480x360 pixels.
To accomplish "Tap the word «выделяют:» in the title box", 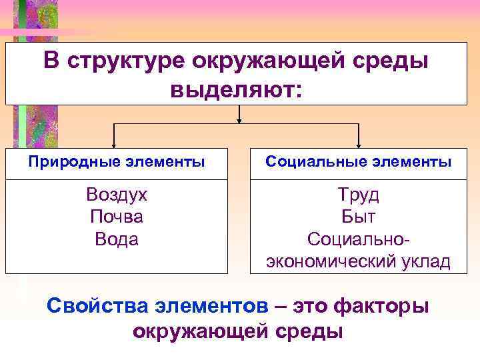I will pos(237,88).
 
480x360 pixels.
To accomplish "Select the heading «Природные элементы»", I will pos(117,161).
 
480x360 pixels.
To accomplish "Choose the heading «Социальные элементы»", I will pos(359,161).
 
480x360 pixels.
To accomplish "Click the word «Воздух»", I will pos(117,195).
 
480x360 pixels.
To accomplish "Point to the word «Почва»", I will pos(117,217).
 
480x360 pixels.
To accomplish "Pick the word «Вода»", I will pos(117,239).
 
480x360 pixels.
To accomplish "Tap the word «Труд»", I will pos(359,195).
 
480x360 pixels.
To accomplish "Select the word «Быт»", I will pos(359,217).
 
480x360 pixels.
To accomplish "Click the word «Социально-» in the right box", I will pos(359,239).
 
